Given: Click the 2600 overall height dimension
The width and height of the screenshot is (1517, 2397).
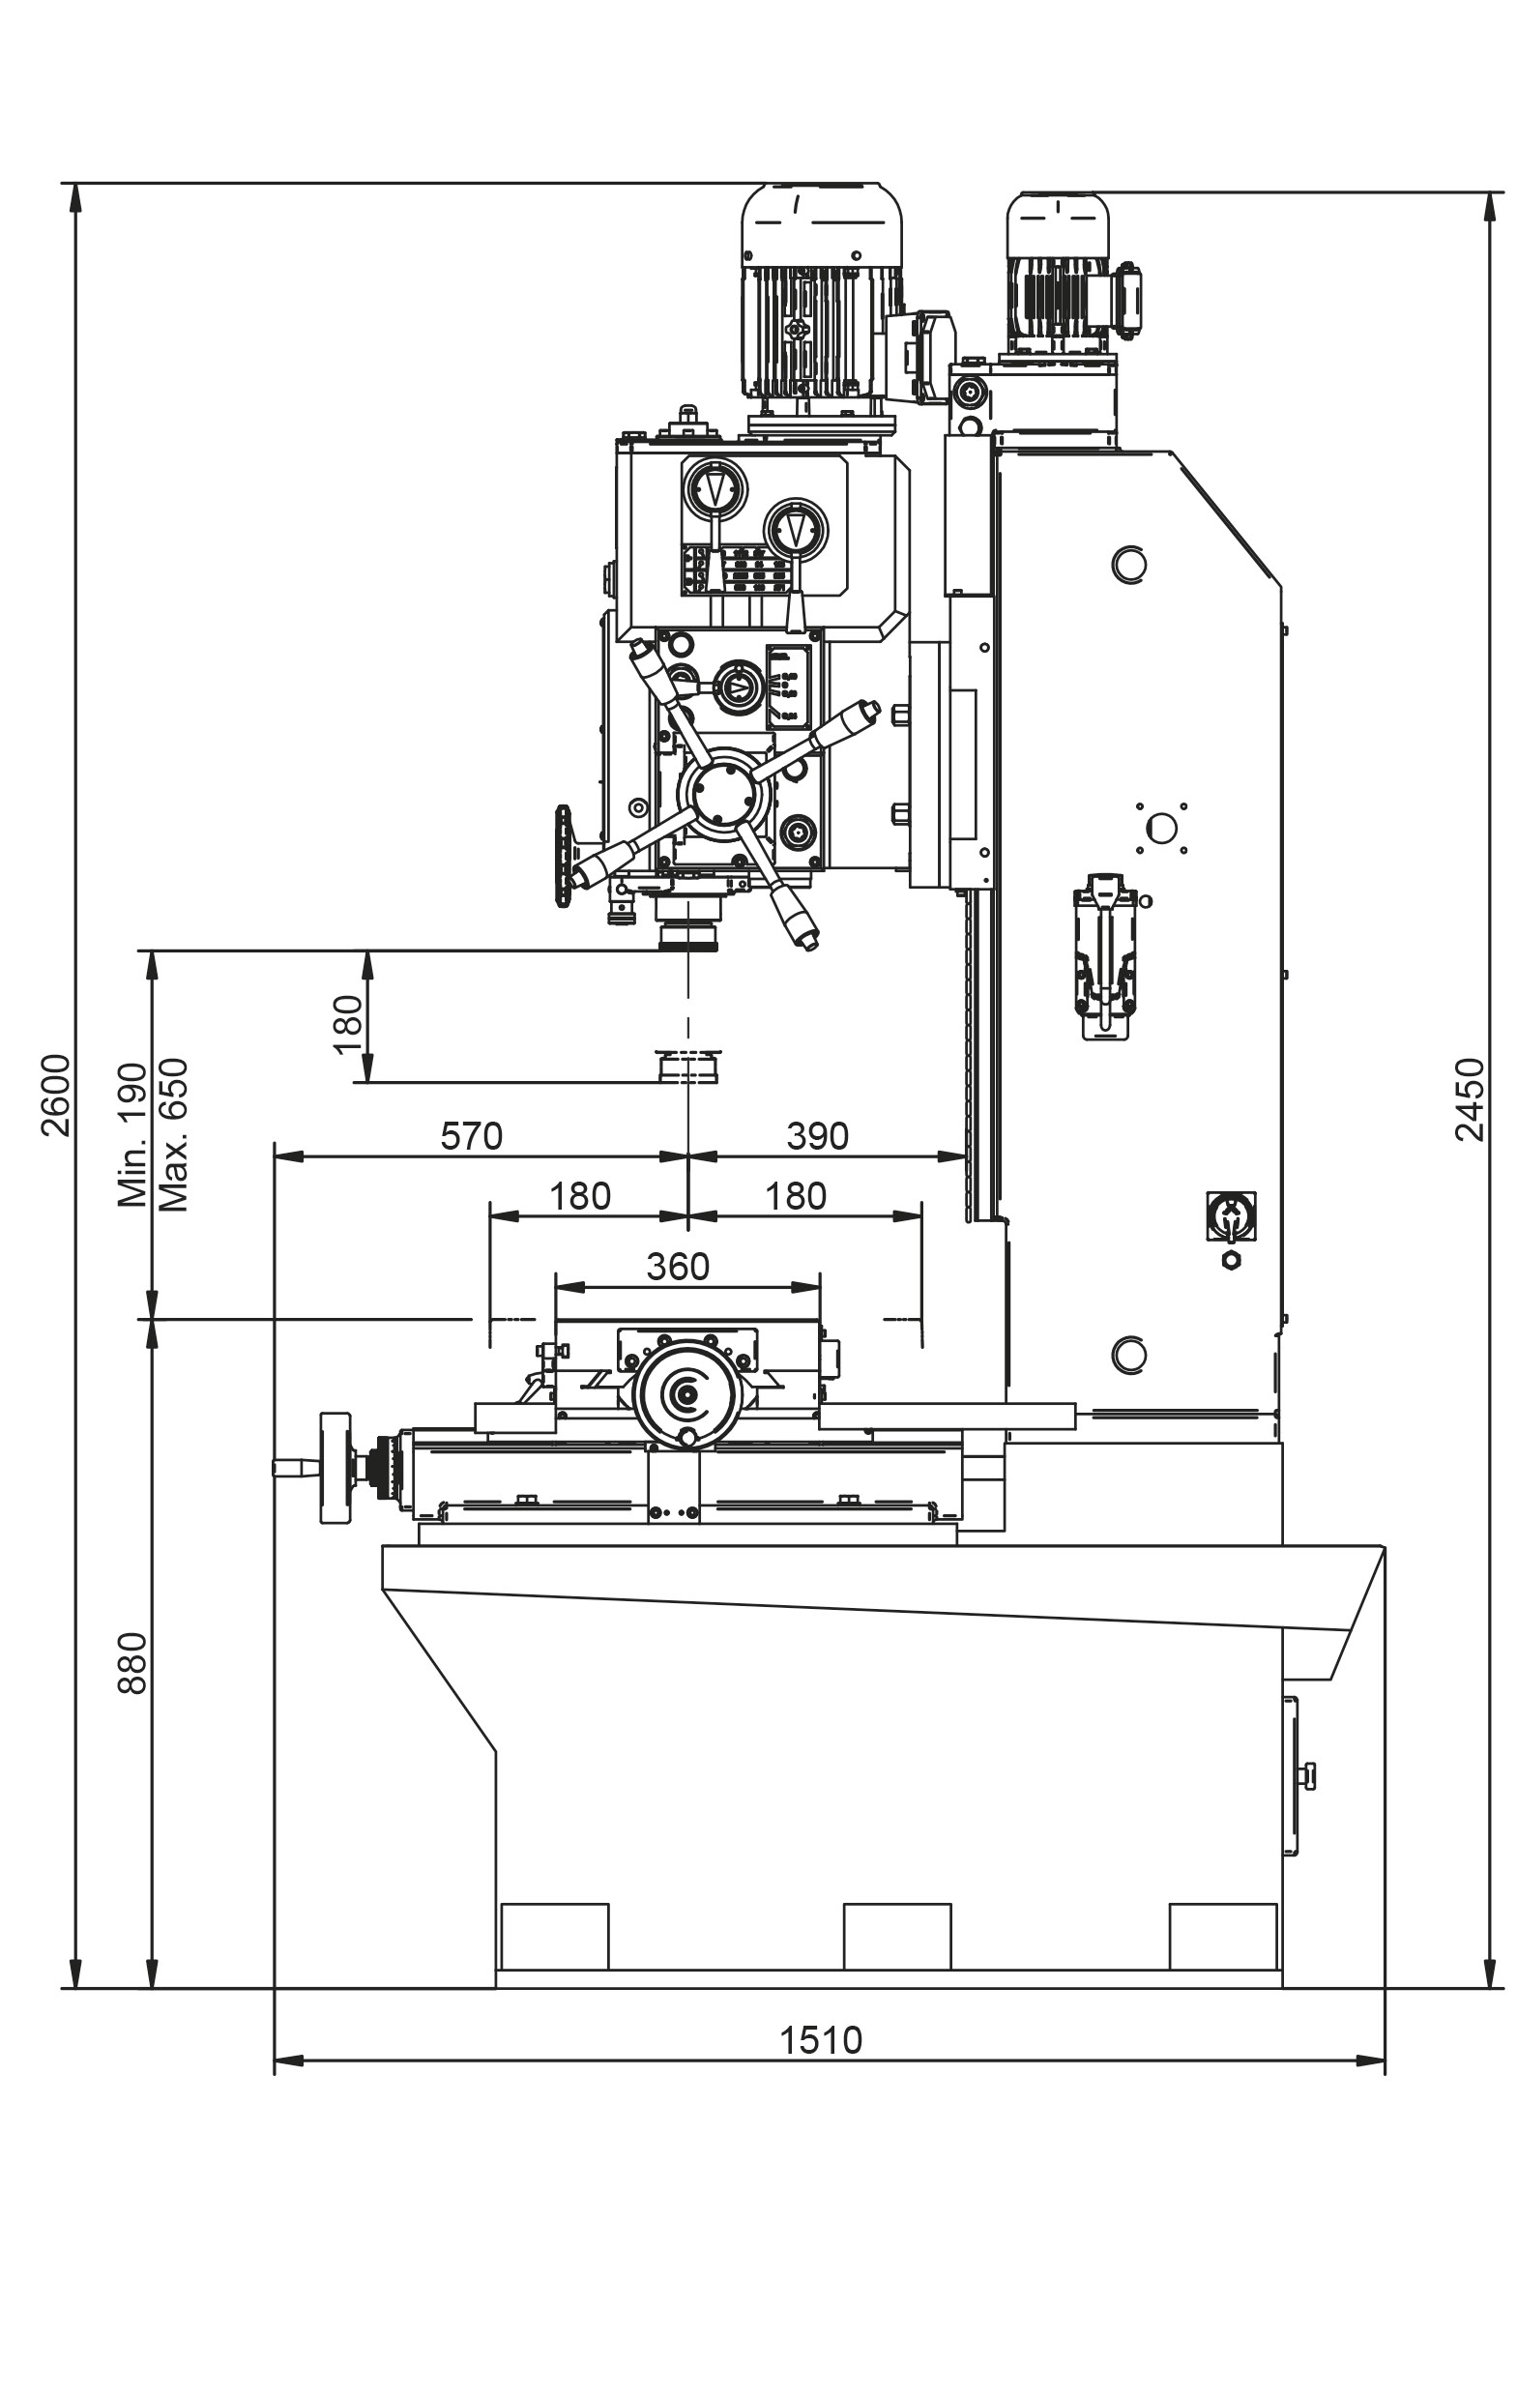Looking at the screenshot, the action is tap(57, 1094).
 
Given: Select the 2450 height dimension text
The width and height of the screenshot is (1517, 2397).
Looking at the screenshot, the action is tap(1470, 1099).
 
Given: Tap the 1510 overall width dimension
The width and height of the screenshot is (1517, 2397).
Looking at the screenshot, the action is tap(820, 2039).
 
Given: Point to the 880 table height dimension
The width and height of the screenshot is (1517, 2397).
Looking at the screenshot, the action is tap(132, 1662).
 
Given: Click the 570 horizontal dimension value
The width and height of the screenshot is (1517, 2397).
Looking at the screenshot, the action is tap(471, 1135).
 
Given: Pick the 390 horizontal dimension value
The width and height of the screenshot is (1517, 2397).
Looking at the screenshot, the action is tap(817, 1135).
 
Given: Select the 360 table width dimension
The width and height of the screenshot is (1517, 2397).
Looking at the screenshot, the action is tap(678, 1267).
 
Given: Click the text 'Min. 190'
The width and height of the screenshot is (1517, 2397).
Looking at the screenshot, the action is tap(132, 1135).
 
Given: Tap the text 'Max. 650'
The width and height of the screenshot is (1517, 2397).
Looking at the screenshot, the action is tap(173, 1134).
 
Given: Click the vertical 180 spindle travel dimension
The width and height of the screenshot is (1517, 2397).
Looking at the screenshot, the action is tap(347, 1024).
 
